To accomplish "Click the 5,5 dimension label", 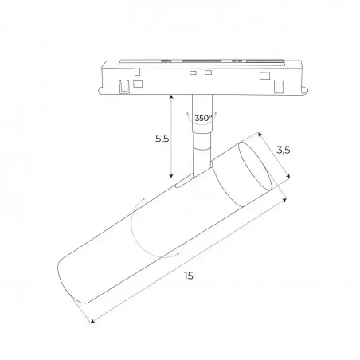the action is click(x=162, y=139).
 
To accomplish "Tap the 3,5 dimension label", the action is click(x=284, y=151).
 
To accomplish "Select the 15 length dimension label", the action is click(x=189, y=276).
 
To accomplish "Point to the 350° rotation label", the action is click(x=204, y=118).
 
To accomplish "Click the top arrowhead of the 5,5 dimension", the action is click(x=171, y=97).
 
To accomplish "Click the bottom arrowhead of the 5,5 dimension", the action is click(x=171, y=175).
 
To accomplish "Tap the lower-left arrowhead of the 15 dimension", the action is click(x=92, y=321).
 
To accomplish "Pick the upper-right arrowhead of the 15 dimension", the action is click(x=284, y=200).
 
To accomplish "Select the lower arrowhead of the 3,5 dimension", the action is click(x=288, y=175).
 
